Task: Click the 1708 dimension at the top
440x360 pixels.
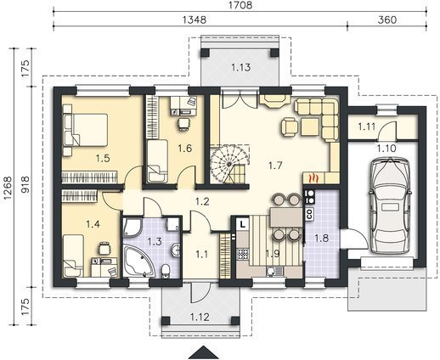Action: (240, 5)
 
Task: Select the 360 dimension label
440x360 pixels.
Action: (387, 20)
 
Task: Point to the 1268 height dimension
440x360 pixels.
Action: (8, 188)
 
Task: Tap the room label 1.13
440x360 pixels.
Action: (240, 67)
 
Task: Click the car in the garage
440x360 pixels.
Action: (390, 205)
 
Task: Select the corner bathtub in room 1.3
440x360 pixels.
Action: (139, 262)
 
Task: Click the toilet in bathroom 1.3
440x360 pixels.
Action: (165, 270)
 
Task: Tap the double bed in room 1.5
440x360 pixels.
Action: (86, 130)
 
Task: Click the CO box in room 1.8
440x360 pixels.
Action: (309, 214)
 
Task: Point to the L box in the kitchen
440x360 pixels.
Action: (242, 224)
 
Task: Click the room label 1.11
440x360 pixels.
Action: (366, 127)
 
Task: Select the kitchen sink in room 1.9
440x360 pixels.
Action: (274, 272)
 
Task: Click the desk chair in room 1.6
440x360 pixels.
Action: (184, 124)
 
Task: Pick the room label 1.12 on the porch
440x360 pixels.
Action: (200, 317)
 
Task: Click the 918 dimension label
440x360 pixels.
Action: (25, 184)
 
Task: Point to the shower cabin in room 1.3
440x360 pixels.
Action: (133, 227)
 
